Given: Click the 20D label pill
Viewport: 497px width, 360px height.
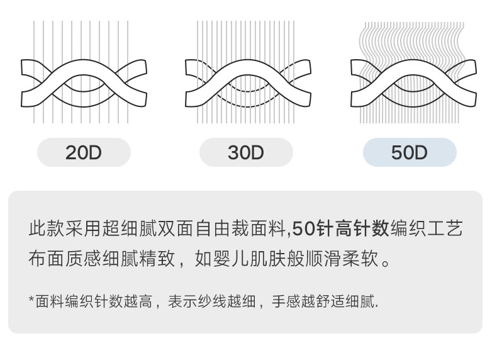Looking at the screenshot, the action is click(x=84, y=152).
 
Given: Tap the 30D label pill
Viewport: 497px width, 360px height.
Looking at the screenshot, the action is click(x=246, y=152).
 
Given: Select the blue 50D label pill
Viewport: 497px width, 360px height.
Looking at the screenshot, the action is click(x=410, y=152).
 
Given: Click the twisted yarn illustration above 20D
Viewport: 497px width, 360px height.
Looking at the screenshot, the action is click(x=84, y=74).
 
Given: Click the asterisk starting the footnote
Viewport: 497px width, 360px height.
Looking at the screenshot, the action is click(x=31, y=301).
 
